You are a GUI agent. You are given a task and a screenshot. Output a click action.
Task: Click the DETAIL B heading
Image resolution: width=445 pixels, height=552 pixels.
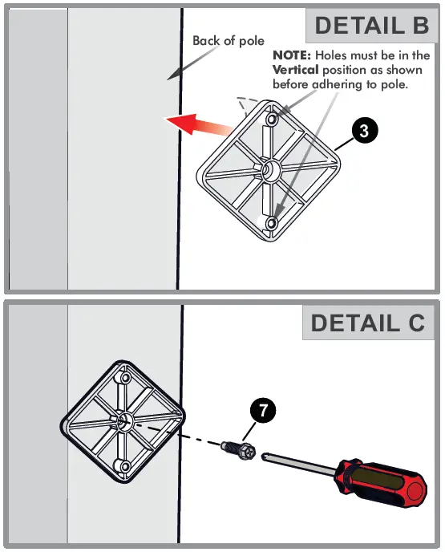tap(372, 25)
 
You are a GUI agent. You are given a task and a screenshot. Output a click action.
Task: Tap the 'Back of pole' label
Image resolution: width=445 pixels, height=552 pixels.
tap(229, 41)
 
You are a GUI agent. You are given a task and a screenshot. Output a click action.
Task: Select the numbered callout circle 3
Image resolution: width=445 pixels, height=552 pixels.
tap(364, 132)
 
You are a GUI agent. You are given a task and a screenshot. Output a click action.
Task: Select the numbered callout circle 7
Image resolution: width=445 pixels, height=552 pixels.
tap(261, 410)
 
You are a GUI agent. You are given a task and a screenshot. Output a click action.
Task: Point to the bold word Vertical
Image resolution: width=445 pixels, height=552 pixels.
tap(297, 71)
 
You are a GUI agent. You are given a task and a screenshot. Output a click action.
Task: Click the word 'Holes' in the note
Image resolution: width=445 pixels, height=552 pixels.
tap(334, 56)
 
